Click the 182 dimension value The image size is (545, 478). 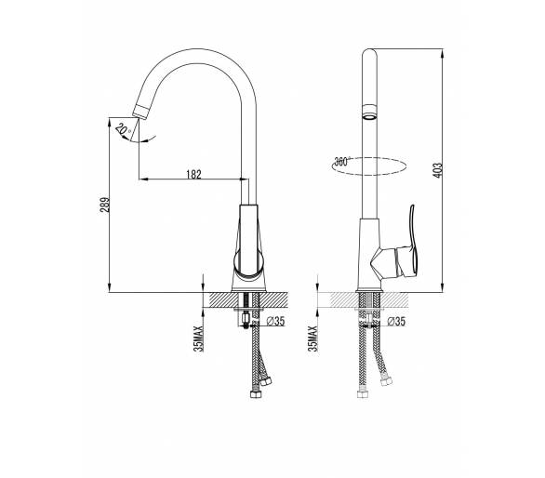(194, 174)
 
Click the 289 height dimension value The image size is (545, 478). (105, 206)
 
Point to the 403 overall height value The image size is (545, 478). (438, 170)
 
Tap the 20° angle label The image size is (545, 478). (123, 129)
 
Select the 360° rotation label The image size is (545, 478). (341, 162)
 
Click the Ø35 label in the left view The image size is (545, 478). (275, 321)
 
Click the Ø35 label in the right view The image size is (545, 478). (396, 321)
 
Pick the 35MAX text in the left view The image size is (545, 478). (198, 339)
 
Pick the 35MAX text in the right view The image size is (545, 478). (312, 339)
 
